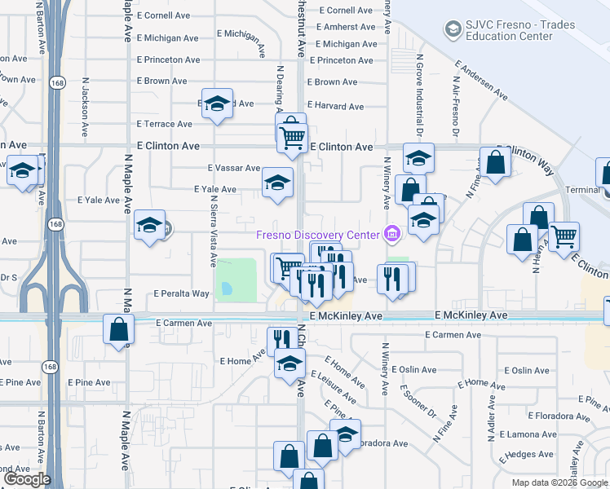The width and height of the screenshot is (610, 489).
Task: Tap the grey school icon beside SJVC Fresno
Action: tap(452, 30)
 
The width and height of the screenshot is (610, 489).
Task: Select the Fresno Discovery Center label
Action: tap(318, 236)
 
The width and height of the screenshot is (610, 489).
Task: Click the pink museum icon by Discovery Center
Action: tap(392, 236)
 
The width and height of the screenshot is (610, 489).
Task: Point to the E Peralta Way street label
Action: tap(182, 293)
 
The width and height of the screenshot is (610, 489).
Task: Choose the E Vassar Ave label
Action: tap(234, 167)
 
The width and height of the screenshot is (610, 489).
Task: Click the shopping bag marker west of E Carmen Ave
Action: tap(119, 329)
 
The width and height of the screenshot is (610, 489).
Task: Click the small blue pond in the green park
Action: tap(226, 289)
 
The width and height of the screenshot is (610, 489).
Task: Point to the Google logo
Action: tap(26, 479)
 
